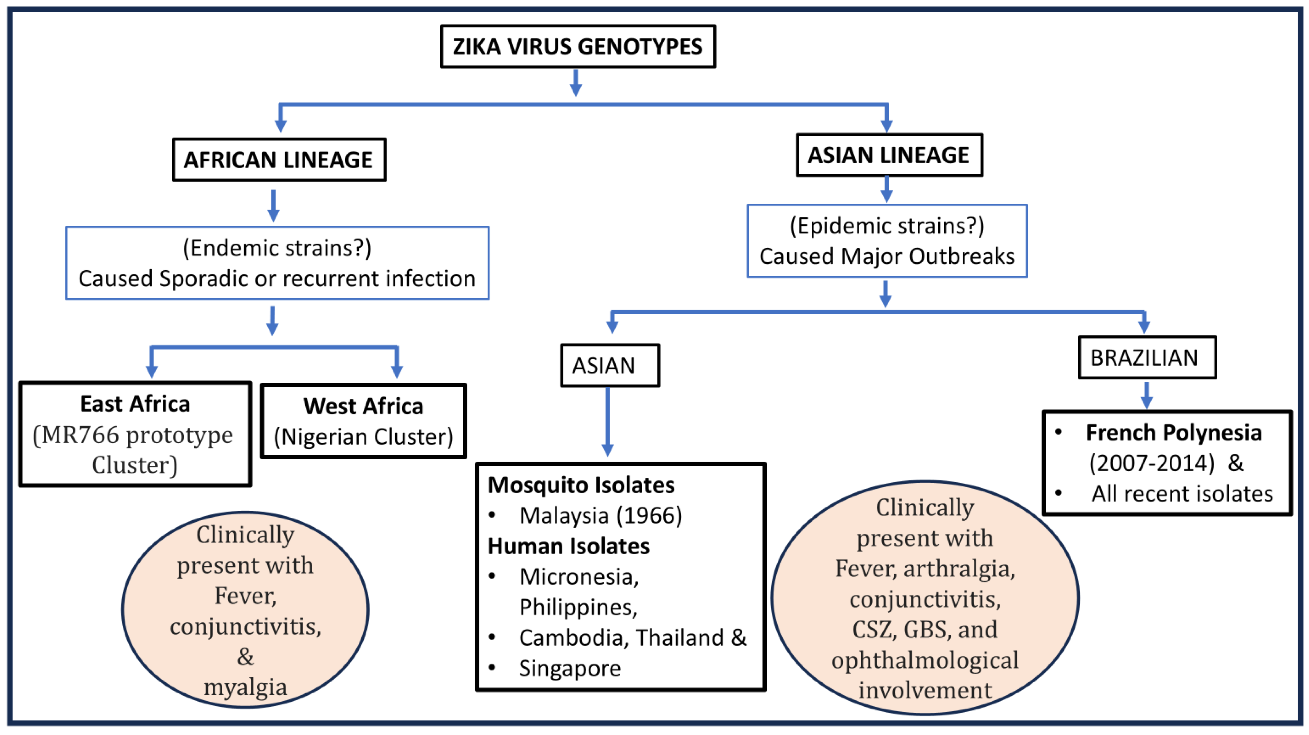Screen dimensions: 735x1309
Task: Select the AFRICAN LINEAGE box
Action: [x=279, y=160]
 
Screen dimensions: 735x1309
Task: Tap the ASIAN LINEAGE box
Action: [x=889, y=155]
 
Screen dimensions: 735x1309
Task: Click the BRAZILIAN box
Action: [x=1147, y=358]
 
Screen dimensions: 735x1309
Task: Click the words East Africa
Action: [x=135, y=404]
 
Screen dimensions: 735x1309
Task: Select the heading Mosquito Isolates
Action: [x=581, y=485]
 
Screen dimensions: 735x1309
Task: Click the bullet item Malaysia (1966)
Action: [x=600, y=515]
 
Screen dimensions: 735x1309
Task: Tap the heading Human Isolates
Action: [x=569, y=546]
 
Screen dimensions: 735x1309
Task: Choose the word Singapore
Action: [x=570, y=668]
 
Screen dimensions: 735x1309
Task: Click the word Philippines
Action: [x=578, y=607]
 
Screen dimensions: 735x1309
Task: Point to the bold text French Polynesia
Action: [x=1173, y=432]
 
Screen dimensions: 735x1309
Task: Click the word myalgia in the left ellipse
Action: [x=245, y=687]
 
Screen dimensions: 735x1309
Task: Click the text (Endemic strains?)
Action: [x=277, y=248]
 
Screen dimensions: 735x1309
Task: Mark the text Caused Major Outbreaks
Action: [x=887, y=256]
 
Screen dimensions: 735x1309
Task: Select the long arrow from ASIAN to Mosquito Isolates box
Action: [x=607, y=422]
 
